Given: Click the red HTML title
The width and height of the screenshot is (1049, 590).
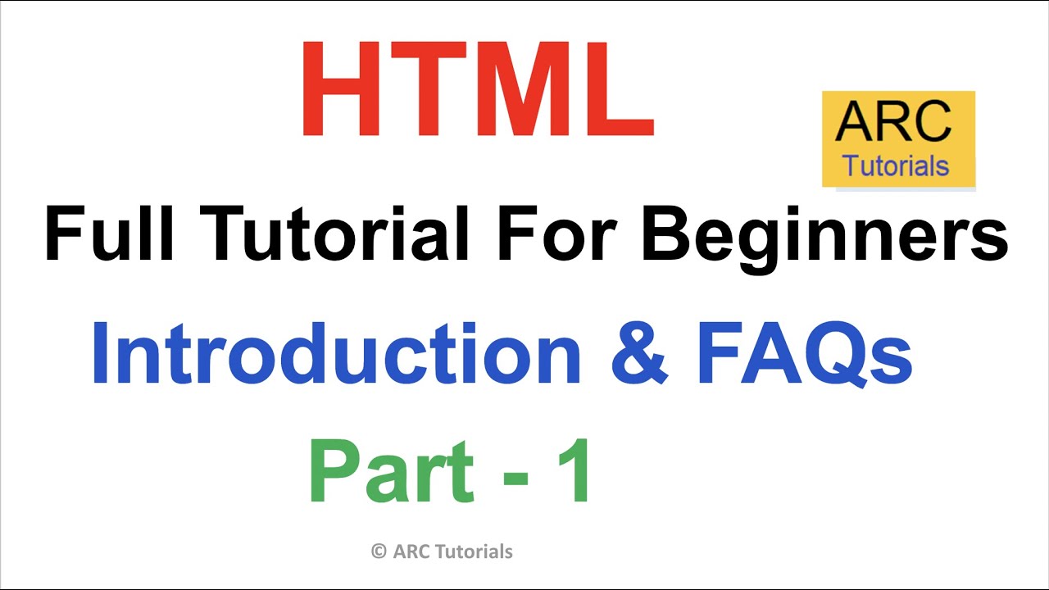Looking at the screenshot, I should (x=478, y=88).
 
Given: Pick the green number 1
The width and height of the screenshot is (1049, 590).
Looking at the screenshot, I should (x=573, y=473).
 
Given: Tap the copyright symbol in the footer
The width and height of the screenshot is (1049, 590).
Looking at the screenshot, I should (x=379, y=551).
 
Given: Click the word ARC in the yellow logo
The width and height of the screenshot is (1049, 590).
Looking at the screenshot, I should (x=893, y=121).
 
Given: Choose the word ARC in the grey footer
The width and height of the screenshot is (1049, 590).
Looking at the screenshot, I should (x=409, y=551).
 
